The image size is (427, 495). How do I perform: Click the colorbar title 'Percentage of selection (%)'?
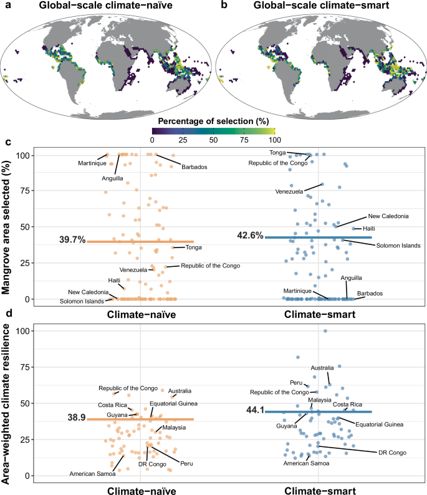[214, 120]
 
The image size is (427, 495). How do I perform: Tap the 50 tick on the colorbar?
[214, 141]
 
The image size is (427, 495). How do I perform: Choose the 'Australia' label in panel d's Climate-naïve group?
[180, 390]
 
